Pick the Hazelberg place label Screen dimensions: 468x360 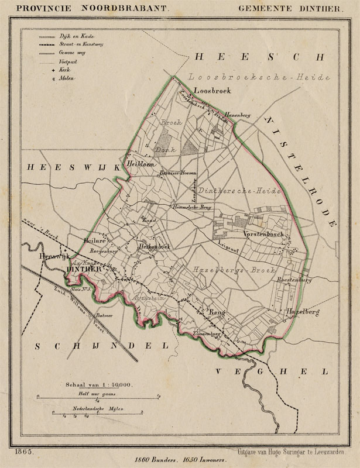click(302, 312)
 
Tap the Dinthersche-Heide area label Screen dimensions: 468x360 click(240, 191)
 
